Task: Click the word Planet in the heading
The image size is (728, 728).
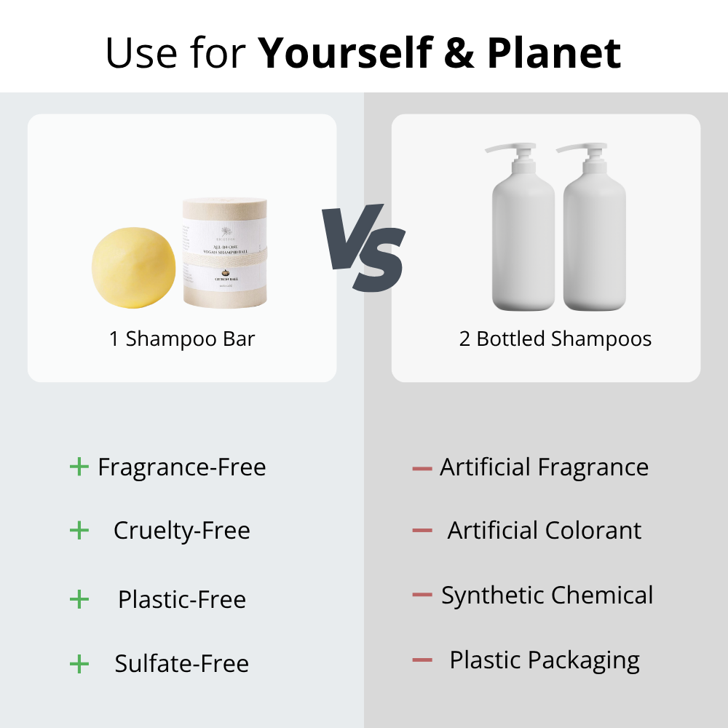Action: click(x=554, y=52)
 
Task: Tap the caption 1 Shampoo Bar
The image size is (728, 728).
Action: click(x=182, y=339)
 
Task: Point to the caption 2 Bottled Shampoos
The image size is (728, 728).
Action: click(x=555, y=339)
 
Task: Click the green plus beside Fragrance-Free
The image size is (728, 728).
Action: click(x=79, y=467)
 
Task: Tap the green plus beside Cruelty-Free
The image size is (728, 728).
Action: click(x=79, y=531)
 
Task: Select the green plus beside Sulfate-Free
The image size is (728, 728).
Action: click(x=79, y=663)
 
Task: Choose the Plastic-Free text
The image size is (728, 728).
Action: click(x=182, y=599)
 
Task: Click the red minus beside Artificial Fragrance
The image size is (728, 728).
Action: click(x=422, y=468)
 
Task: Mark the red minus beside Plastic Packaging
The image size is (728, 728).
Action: click(x=422, y=661)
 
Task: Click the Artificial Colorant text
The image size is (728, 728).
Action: click(x=545, y=531)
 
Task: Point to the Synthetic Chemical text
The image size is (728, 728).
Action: click(x=547, y=596)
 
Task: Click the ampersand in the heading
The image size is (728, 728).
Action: click(x=459, y=52)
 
